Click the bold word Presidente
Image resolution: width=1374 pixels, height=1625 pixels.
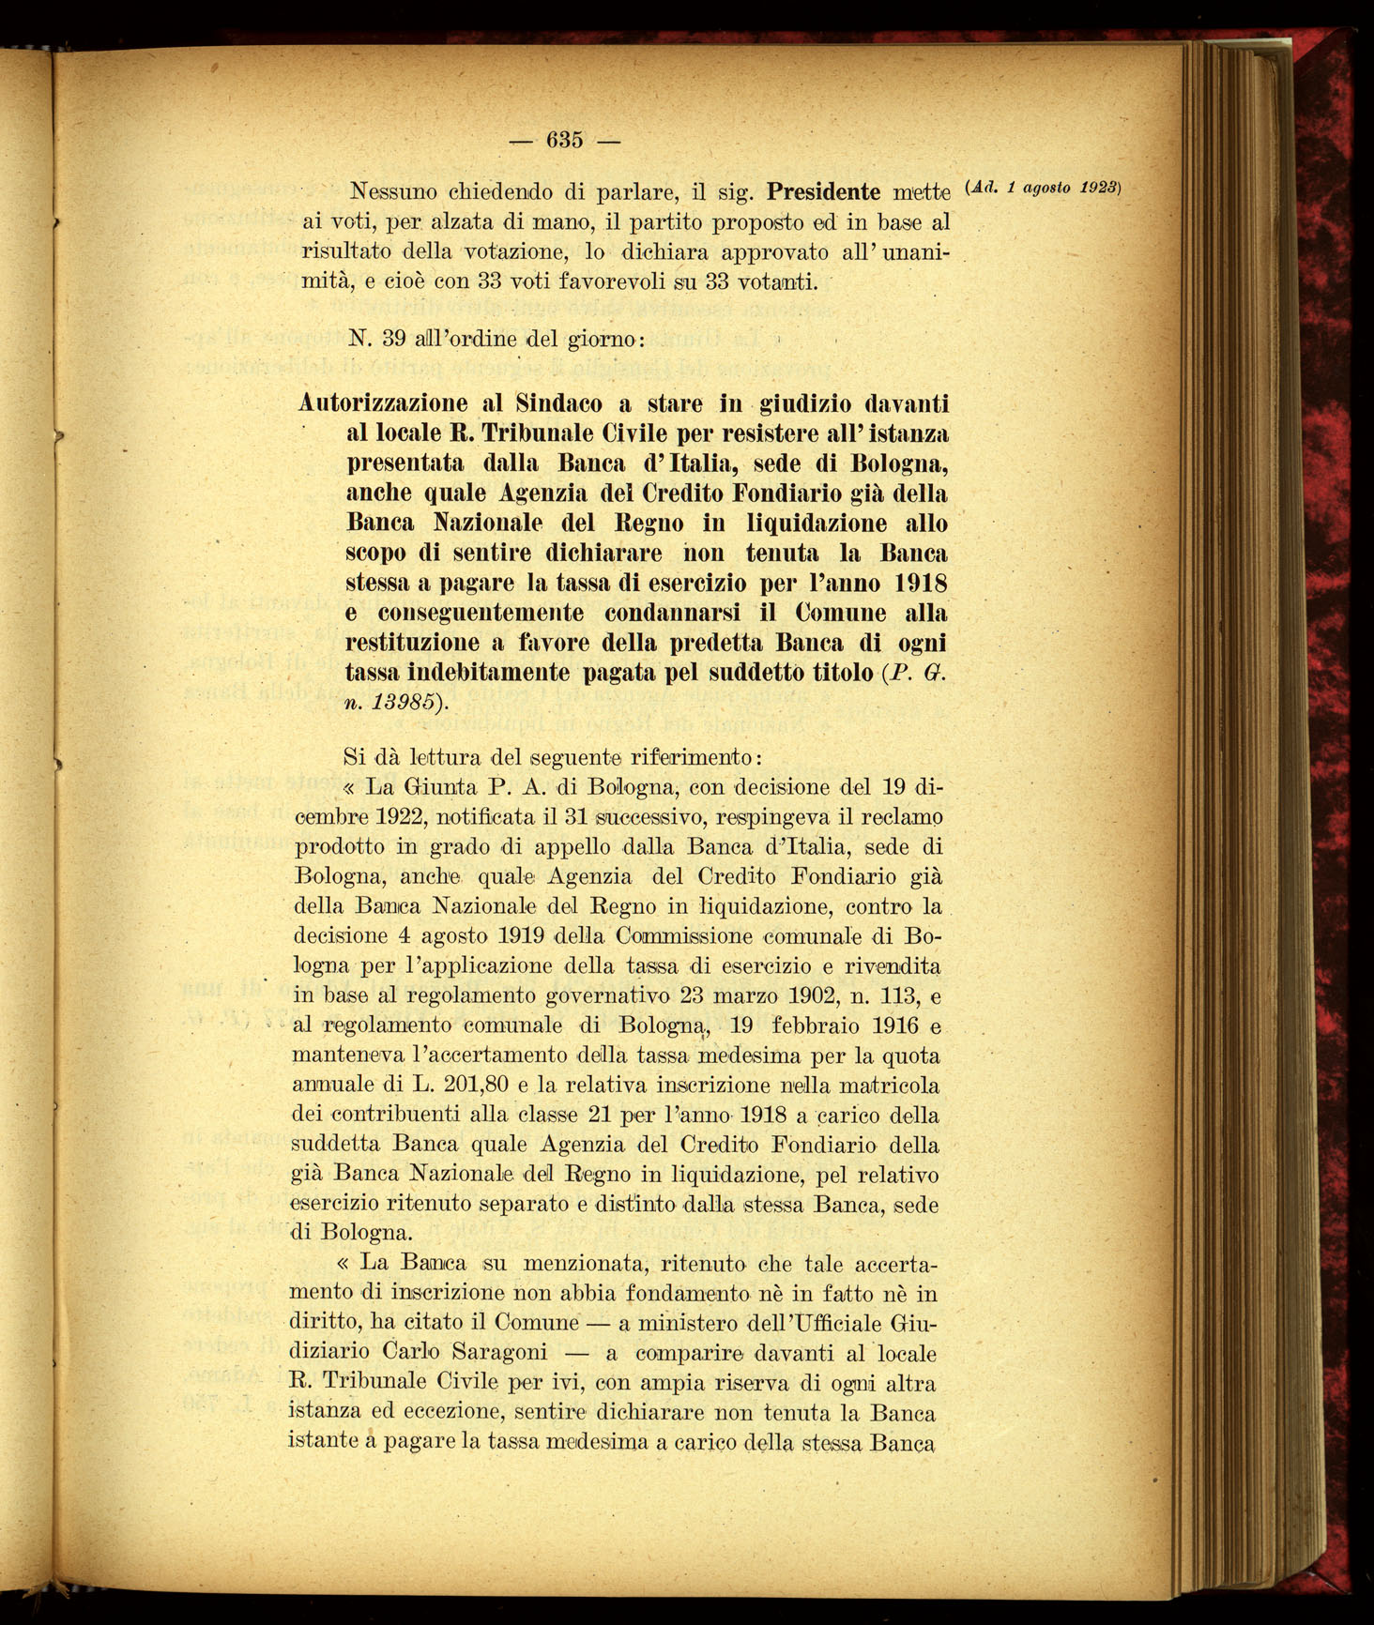coord(836,193)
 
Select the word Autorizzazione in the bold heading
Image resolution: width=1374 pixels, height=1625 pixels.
coord(383,404)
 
